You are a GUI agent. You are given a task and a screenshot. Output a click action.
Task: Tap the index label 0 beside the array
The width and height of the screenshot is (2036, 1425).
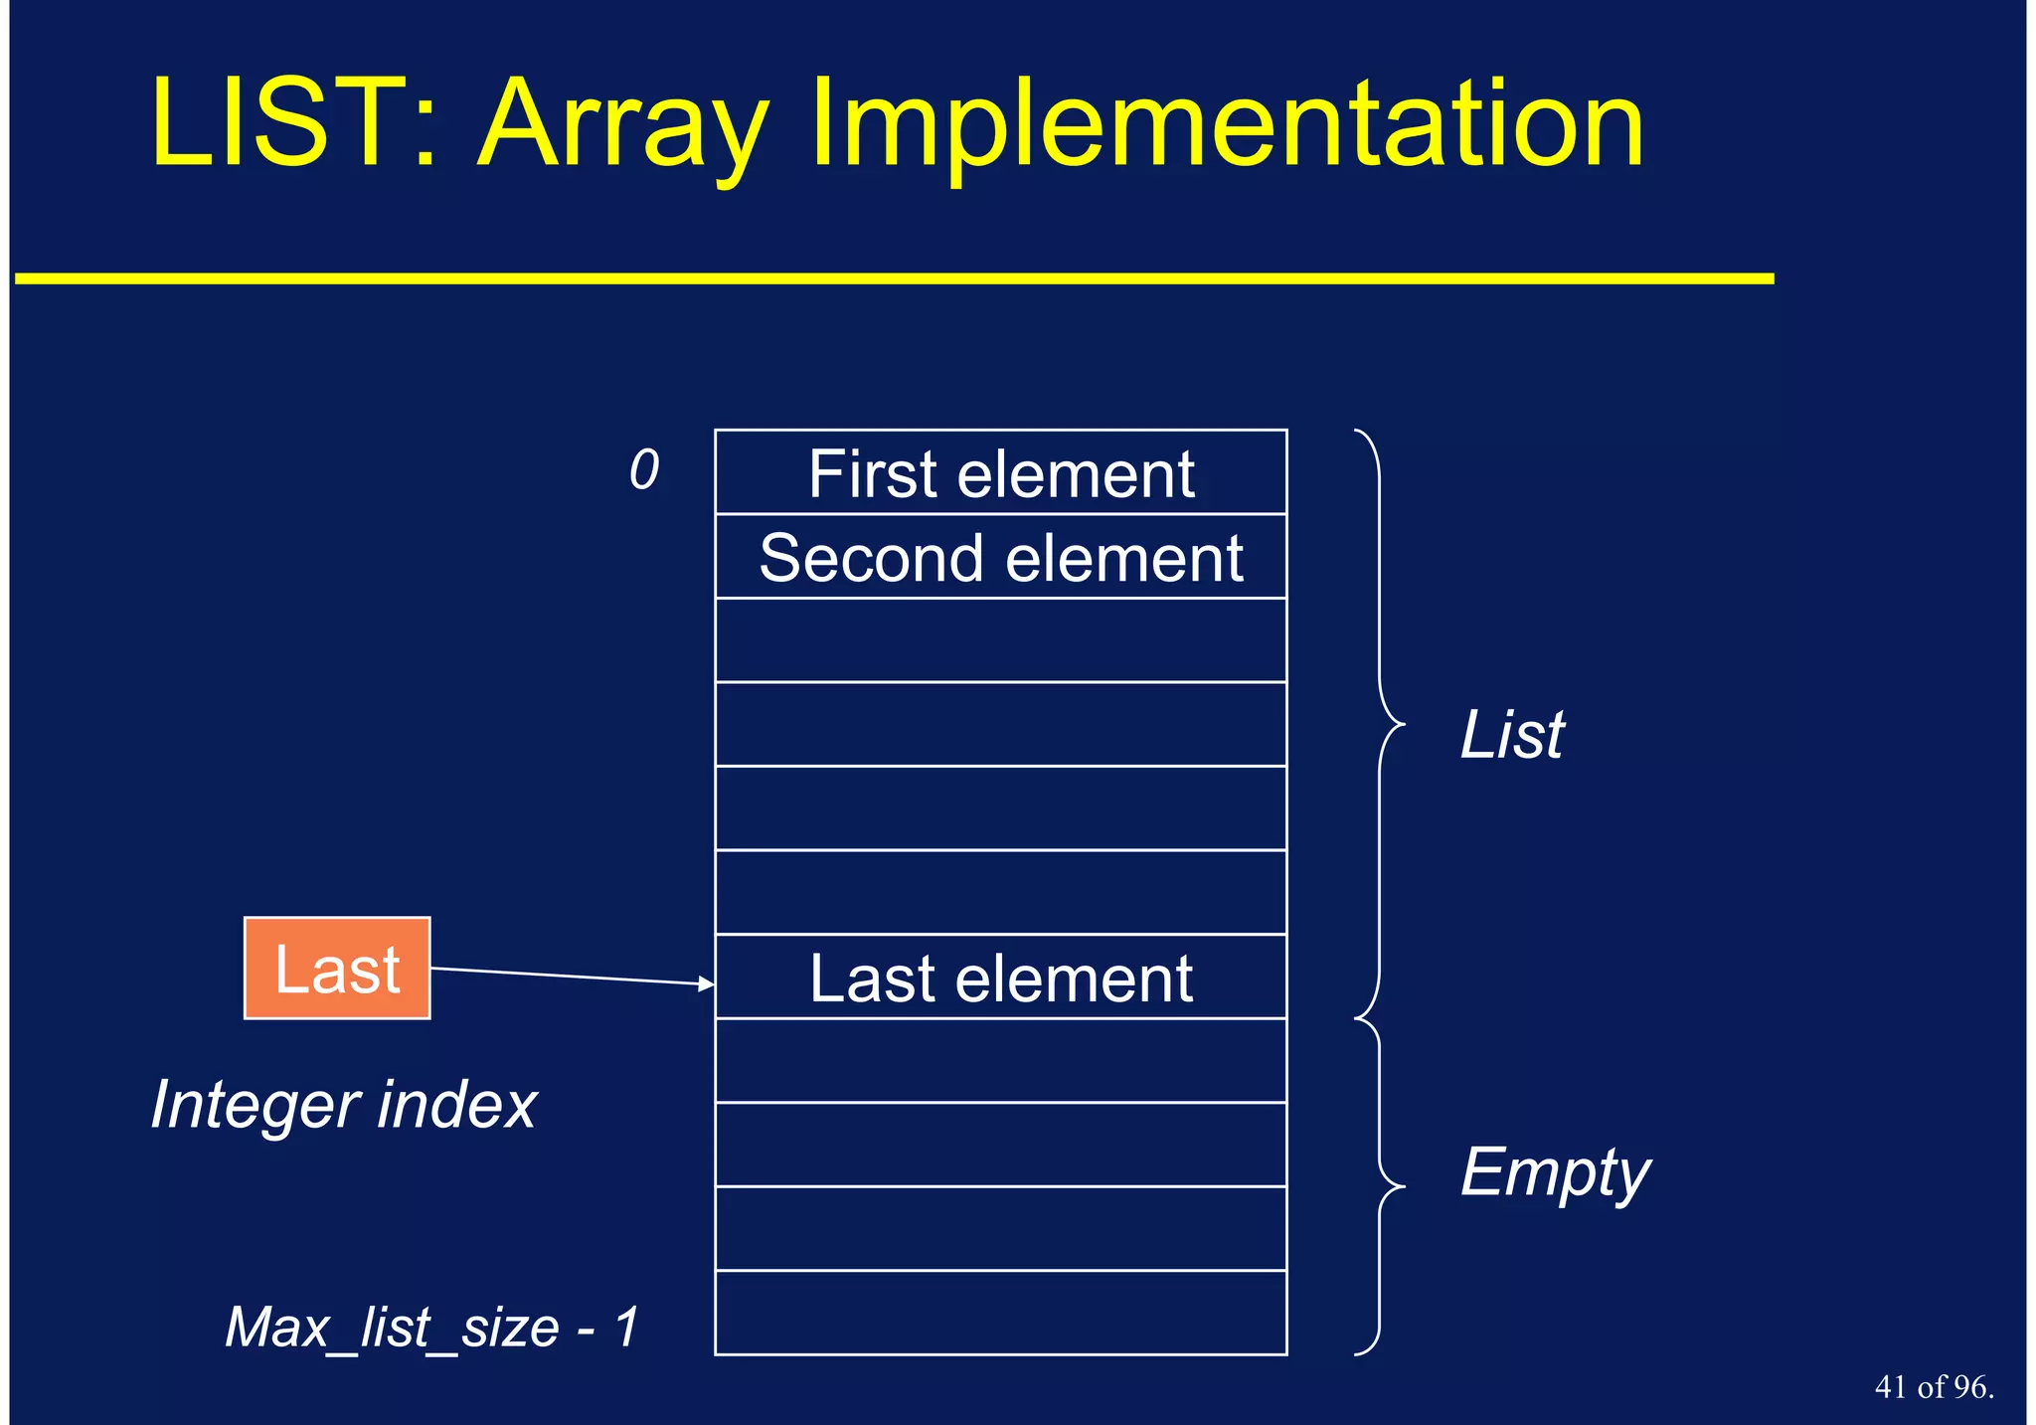(644, 469)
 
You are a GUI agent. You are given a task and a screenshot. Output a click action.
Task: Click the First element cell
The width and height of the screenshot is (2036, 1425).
(1000, 473)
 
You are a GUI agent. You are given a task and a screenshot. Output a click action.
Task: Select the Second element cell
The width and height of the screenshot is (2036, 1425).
(1000, 557)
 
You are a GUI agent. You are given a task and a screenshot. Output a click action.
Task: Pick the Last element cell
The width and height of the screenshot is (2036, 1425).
(1000, 978)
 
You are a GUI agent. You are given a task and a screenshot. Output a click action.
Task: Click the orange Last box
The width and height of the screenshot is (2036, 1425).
(337, 969)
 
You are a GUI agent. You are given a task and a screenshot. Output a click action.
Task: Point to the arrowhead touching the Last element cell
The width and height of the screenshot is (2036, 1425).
(707, 983)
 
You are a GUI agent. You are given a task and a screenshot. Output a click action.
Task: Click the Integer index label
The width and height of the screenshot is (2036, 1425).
(344, 1105)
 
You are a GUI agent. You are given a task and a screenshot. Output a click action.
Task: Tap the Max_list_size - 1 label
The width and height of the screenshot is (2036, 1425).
(432, 1327)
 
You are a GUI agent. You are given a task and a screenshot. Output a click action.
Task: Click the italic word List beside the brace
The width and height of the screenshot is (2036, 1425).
(1511, 736)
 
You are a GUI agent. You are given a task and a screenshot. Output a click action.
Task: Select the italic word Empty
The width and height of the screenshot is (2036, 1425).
(1555, 1173)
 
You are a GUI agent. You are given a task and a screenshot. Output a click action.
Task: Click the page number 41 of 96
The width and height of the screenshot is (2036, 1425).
(1934, 1387)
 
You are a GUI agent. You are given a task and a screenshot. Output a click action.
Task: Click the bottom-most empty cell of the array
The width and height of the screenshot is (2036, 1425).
(1000, 1313)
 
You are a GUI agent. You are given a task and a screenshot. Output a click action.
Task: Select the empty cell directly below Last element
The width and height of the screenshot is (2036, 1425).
(1000, 1060)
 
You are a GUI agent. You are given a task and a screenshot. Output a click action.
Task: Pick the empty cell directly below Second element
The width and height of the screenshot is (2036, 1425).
(1000, 640)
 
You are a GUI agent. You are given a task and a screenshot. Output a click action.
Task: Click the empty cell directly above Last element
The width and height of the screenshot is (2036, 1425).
(1000, 892)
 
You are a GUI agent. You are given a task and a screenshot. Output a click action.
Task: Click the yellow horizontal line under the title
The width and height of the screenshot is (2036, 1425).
(895, 278)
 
